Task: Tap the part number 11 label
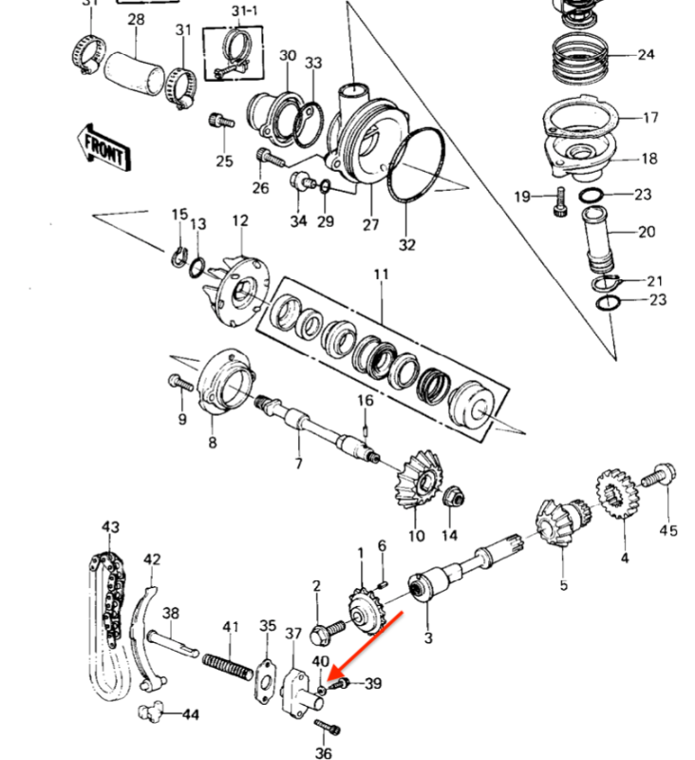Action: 381,275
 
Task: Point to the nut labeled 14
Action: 454,497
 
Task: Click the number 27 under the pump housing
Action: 370,224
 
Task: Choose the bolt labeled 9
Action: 179,381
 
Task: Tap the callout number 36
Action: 325,753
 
